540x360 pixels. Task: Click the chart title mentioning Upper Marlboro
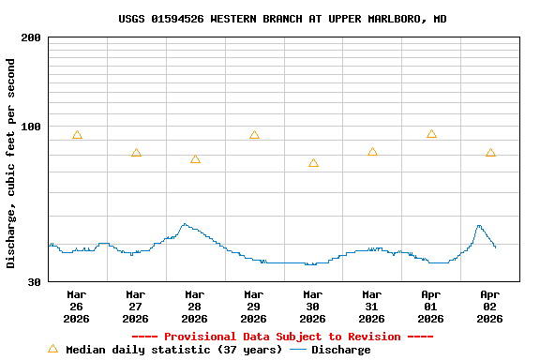[282, 19]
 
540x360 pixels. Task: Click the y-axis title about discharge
[11, 163]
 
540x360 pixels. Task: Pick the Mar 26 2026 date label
[76, 306]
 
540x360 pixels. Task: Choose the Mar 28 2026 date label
[194, 306]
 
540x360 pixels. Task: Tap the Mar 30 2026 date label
[312, 306]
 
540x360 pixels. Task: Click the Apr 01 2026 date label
[430, 306]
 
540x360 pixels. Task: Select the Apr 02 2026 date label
[489, 306]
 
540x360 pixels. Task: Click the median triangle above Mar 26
[77, 135]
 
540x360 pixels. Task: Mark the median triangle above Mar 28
[195, 159]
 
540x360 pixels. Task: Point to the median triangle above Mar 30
[313, 163]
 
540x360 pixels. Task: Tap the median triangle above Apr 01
[431, 134]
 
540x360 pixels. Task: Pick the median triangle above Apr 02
[490, 153]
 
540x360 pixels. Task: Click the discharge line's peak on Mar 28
[184, 224]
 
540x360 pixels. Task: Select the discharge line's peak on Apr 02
[478, 225]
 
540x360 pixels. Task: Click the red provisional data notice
[282, 337]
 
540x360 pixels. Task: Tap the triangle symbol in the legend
[52, 349]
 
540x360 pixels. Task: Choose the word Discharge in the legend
[340, 350]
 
